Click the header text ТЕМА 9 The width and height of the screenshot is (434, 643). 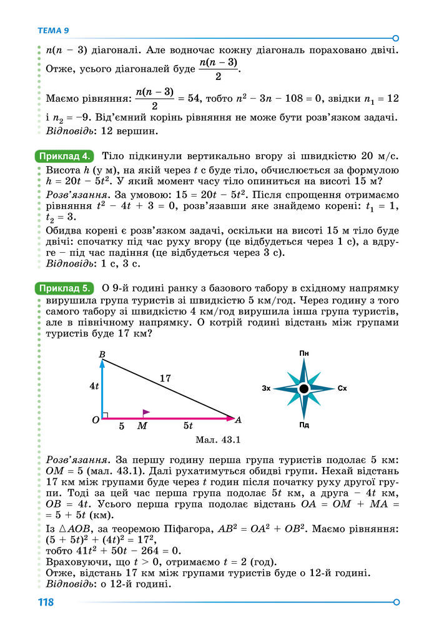(53, 30)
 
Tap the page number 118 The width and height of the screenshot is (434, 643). (46, 602)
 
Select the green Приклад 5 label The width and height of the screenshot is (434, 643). (66, 288)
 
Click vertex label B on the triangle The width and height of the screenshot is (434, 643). (102, 355)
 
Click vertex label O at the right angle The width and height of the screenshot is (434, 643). (96, 420)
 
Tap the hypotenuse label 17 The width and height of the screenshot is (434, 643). (165, 378)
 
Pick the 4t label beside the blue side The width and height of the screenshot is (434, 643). (94, 386)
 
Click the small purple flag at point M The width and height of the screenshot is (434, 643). (145, 413)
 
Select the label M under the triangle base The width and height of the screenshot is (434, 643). (142, 426)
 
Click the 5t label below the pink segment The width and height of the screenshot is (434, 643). (187, 426)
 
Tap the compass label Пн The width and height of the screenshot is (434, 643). (304, 354)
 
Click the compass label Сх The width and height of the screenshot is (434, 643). (342, 389)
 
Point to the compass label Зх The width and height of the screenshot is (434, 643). (266, 389)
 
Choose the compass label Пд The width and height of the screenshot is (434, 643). (304, 425)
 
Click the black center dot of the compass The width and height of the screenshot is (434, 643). (304, 389)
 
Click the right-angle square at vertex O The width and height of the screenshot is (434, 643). (105, 415)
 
